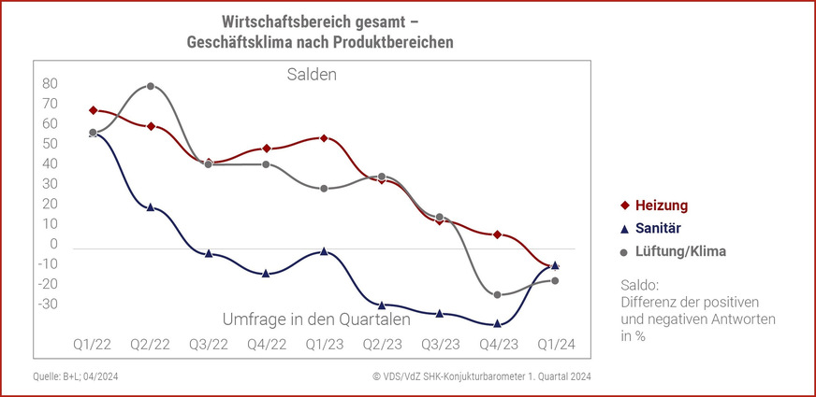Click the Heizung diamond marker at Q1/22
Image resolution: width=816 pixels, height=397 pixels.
[93, 110]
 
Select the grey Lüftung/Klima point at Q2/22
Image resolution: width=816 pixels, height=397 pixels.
[150, 86]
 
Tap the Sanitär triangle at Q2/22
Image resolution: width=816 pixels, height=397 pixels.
[150, 207]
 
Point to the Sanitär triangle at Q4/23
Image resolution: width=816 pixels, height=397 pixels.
[498, 323]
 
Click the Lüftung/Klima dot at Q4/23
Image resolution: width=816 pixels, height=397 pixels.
[498, 295]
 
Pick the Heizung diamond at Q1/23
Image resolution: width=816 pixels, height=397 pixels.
[324, 138]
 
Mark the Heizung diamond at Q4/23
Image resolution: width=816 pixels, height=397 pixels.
[498, 234]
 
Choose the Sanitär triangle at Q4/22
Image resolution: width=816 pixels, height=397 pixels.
[266, 273]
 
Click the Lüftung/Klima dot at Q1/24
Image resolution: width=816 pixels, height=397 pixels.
[555, 280]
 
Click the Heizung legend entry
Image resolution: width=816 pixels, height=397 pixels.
[661, 206]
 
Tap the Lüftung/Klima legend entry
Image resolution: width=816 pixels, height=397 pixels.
[673, 251]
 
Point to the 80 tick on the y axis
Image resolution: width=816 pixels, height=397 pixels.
[51, 83]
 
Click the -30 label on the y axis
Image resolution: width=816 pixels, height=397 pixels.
[47, 304]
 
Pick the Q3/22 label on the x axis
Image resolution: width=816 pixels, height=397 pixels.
[208, 345]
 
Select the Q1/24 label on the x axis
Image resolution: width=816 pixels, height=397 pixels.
[556, 345]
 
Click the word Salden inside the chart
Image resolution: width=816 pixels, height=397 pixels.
[312, 74]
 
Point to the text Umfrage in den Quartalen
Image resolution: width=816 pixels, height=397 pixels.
[316, 319]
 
